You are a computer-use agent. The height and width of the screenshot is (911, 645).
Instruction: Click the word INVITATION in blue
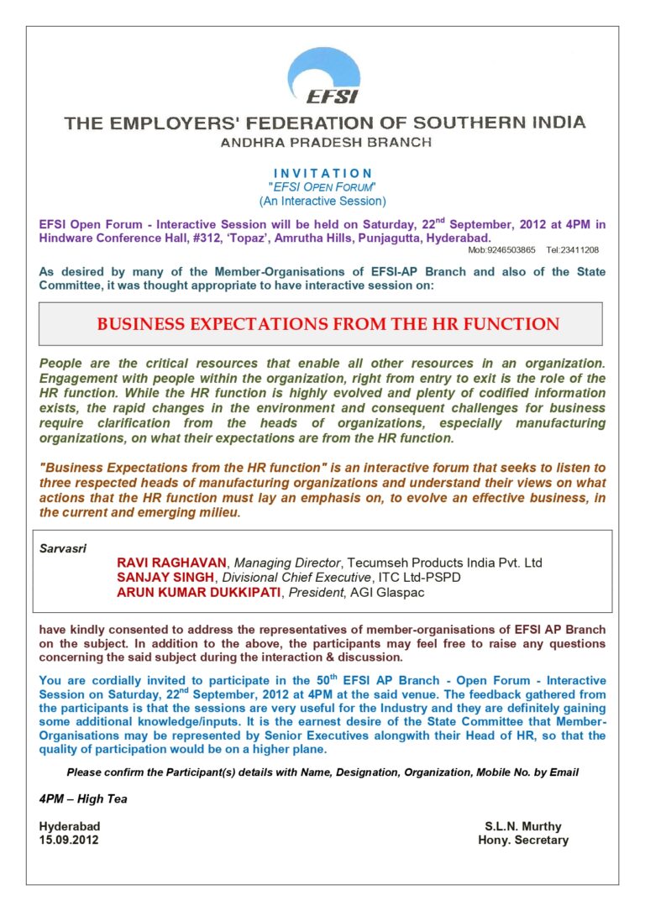pyautogui.click(x=322, y=173)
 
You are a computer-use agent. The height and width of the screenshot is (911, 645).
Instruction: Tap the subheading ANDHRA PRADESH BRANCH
pyautogui.click(x=326, y=143)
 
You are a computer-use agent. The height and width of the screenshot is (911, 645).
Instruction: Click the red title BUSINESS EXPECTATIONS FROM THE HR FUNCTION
pyautogui.click(x=328, y=324)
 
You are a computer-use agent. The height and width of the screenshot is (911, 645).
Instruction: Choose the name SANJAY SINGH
pyautogui.click(x=166, y=578)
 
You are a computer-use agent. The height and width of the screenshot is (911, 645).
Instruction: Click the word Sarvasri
pyautogui.click(x=59, y=547)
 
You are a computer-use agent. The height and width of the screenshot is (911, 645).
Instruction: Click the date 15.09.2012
pyautogui.click(x=69, y=840)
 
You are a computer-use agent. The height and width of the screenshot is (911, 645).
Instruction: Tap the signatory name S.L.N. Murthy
pyautogui.click(x=523, y=826)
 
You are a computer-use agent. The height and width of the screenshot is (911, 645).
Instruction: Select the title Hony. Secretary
pyautogui.click(x=523, y=840)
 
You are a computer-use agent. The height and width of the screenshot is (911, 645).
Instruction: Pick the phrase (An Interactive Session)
pyautogui.click(x=322, y=201)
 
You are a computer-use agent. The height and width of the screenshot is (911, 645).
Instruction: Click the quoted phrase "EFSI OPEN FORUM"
pyautogui.click(x=322, y=187)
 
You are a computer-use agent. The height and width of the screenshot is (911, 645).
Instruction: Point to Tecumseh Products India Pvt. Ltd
pyautogui.click(x=459, y=562)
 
